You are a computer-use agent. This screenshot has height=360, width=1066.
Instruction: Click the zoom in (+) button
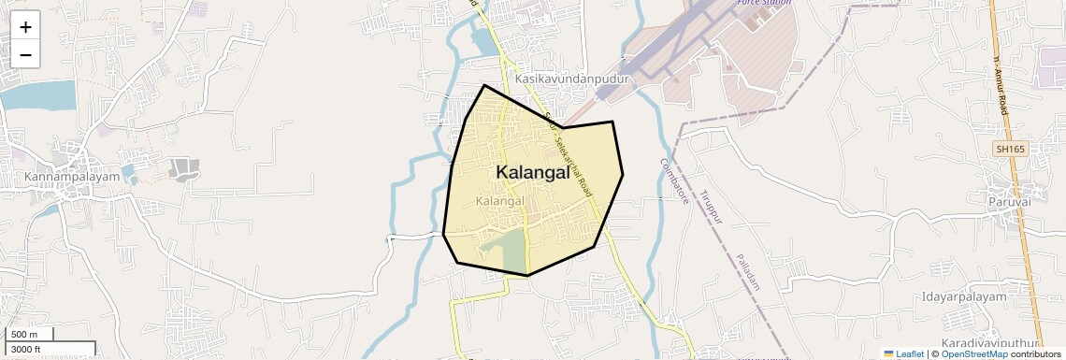tap(25, 27)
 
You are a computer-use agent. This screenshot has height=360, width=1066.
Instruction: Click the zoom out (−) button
tap(25, 55)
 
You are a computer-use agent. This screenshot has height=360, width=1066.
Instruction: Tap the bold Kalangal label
tap(532, 172)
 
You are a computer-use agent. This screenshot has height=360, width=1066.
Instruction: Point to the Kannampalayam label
tap(72, 177)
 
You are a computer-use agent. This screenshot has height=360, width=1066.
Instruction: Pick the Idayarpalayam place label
tap(964, 296)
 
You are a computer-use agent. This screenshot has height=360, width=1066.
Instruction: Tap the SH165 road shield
tap(1009, 149)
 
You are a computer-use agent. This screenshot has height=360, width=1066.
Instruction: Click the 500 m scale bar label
tap(24, 335)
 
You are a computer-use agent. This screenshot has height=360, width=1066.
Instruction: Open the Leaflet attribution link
tap(903, 353)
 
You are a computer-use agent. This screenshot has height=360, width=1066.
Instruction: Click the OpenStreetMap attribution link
tap(973, 353)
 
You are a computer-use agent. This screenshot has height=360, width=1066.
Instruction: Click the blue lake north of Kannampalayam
tap(37, 95)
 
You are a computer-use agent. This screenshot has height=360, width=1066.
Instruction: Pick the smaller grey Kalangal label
tap(500, 201)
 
